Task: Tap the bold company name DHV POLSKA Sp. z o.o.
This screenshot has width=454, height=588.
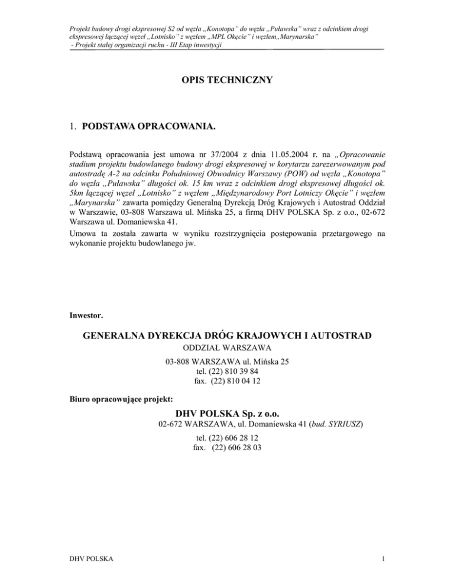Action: click(x=227, y=412)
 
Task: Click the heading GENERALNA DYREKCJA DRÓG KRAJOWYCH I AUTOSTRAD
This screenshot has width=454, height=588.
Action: click(x=227, y=335)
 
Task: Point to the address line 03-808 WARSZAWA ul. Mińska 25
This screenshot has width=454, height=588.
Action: click(x=227, y=362)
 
